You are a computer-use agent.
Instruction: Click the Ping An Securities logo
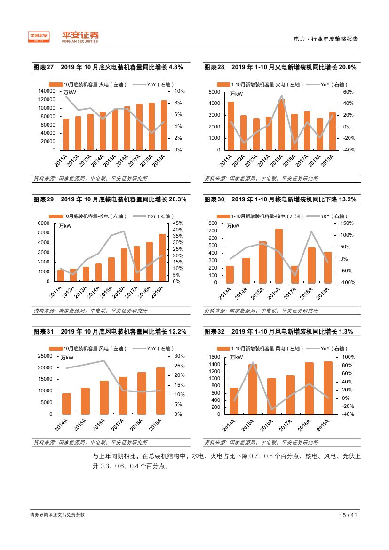coord(80,37)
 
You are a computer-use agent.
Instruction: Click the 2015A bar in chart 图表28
coord(281,125)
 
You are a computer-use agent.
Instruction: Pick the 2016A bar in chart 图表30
coord(279,255)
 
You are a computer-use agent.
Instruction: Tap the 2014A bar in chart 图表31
coord(66,404)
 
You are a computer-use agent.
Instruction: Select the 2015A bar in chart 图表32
coord(253,389)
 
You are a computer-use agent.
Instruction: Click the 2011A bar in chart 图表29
coord(61,276)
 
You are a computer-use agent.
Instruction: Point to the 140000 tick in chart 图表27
coord(47,91)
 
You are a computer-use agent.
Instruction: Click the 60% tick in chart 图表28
coord(347,91)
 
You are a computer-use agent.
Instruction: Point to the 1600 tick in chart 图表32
coord(214,357)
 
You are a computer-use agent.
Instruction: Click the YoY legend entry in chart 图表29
coord(160,216)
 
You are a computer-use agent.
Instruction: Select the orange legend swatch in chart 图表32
coord(223,348)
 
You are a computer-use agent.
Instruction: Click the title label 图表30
coord(214,199)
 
